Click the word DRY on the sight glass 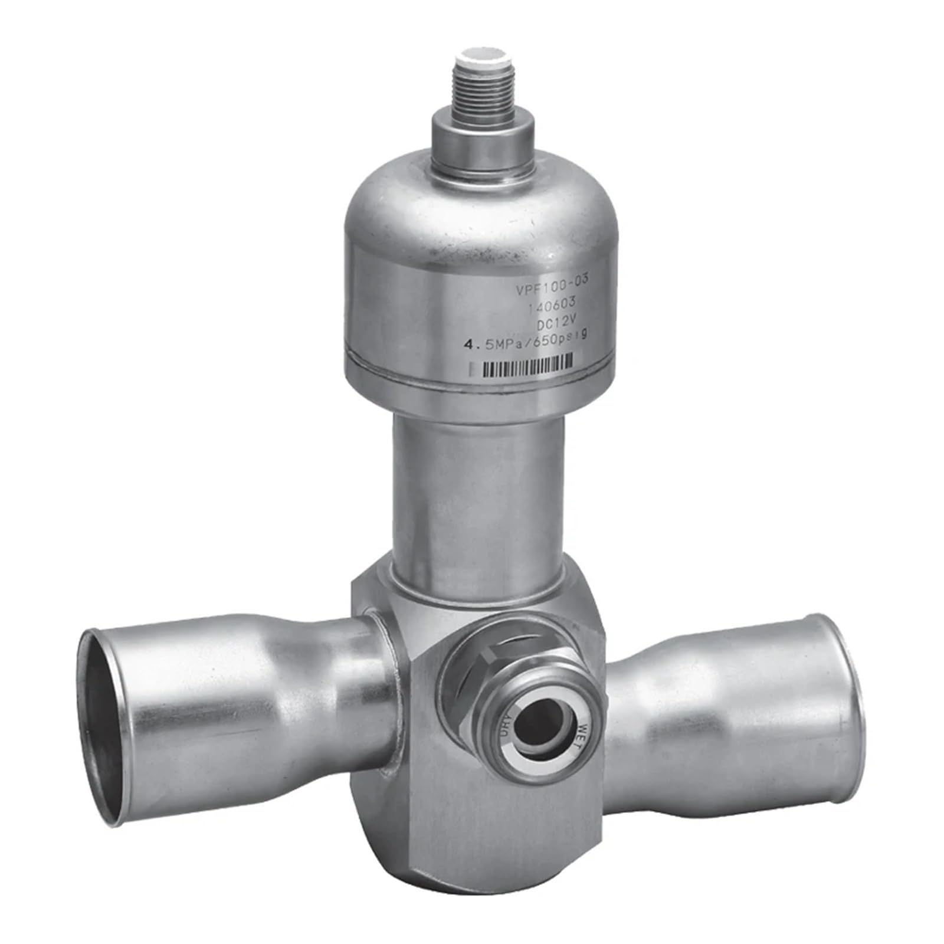[x=505, y=725]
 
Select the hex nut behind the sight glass [x=472, y=690]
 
